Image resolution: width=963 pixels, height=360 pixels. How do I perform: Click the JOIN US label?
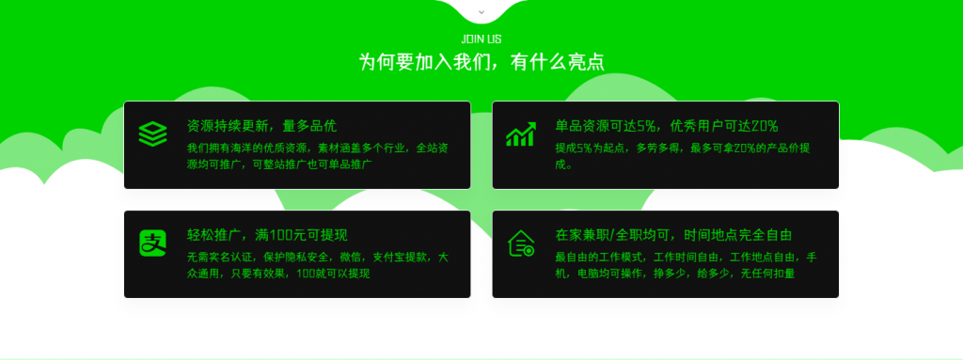point(481,39)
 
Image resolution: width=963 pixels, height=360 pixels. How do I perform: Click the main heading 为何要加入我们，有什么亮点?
point(481,62)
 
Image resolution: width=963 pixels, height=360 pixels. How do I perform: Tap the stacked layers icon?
point(152,133)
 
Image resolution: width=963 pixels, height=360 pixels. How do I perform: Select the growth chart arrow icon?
point(521,134)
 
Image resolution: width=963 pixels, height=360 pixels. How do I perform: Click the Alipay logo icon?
point(152,243)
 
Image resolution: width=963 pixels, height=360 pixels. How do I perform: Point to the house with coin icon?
point(521,243)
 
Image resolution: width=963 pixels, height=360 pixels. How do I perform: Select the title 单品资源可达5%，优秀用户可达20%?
point(667,126)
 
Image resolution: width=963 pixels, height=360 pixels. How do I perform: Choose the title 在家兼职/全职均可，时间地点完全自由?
point(673,235)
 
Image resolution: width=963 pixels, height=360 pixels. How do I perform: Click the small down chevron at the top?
point(481,12)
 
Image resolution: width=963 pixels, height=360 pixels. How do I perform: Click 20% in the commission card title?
point(764,126)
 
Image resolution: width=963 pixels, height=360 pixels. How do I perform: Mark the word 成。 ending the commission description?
point(563,164)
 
